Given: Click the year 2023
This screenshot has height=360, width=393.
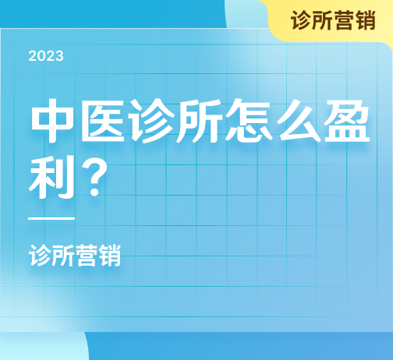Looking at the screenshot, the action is click(46, 56).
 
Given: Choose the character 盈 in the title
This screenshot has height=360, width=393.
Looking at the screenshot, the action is click(347, 121).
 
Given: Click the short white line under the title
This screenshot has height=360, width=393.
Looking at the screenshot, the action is click(51, 218).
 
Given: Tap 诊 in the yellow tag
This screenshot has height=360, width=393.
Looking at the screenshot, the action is click(301, 20).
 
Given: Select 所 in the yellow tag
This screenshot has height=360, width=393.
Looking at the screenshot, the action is click(322, 20).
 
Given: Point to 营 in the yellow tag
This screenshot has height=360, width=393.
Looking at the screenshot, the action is click(344, 20).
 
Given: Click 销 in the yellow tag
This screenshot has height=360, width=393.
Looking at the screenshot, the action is click(366, 20).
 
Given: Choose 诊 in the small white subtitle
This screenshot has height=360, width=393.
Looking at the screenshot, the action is click(40, 256).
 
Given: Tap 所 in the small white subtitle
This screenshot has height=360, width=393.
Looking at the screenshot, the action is click(63, 256).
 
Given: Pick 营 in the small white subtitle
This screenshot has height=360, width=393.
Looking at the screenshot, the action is click(87, 256).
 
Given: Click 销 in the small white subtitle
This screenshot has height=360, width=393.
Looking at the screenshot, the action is click(110, 256).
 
